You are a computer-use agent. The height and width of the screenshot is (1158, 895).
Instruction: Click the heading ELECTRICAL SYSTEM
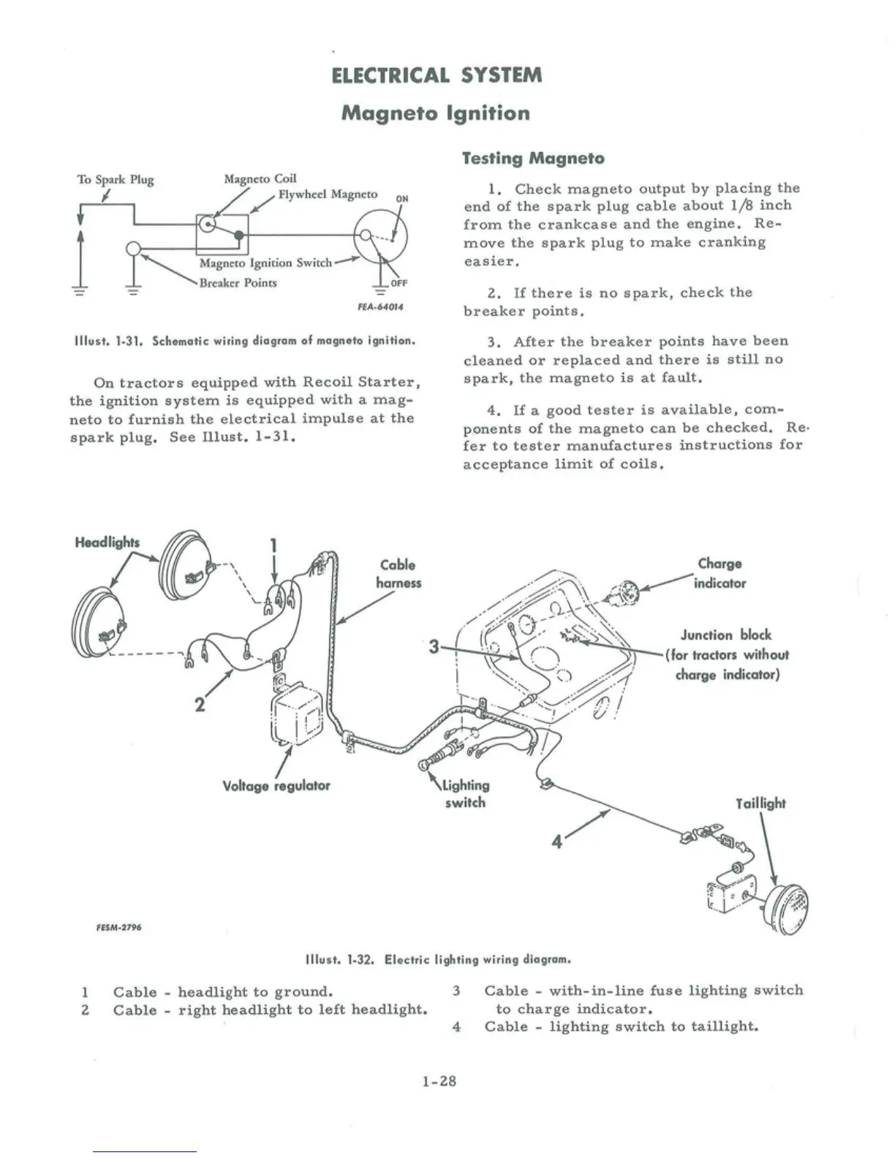437,75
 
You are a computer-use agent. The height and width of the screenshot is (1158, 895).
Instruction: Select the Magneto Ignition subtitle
436,113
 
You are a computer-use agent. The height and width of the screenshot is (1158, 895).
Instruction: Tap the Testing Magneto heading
534,158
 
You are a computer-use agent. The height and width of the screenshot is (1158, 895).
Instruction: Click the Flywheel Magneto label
328,194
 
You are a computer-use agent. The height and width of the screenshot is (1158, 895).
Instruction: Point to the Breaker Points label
238,283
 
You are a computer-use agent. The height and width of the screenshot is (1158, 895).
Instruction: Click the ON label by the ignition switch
401,198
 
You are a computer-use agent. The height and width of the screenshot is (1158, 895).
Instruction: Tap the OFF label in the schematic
399,284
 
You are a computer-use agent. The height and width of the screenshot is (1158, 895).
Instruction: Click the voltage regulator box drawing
297,715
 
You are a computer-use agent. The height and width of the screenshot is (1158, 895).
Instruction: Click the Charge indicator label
720,573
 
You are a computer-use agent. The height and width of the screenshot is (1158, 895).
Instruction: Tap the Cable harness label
399,574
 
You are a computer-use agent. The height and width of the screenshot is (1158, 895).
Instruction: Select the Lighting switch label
465,794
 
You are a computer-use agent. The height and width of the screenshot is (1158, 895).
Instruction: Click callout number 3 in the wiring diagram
434,647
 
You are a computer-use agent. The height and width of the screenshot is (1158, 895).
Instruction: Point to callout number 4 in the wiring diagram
557,841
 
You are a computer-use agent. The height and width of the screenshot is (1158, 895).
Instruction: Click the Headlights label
107,542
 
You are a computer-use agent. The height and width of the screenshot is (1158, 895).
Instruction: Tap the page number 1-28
439,1081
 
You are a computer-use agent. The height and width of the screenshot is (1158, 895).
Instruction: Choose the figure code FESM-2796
118,927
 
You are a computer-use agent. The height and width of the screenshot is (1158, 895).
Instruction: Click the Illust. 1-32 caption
437,959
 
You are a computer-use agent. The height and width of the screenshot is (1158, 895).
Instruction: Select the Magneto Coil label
260,178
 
